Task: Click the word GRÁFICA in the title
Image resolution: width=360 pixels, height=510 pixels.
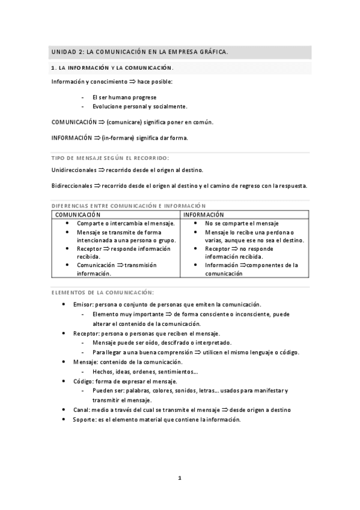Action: pyautogui.click(x=212, y=52)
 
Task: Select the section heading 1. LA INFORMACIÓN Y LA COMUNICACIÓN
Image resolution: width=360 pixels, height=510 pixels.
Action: pyautogui.click(x=112, y=69)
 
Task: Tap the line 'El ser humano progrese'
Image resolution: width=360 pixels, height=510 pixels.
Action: pyautogui.click(x=124, y=97)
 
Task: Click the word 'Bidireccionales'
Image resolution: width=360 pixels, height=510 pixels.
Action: pyautogui.click(x=72, y=185)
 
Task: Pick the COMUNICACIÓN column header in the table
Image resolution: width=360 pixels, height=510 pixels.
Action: pyautogui.click(x=78, y=215)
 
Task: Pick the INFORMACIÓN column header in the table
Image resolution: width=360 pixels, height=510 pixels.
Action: pyautogui.click(x=204, y=215)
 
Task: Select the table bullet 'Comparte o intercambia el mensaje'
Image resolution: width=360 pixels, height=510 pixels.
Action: pyautogui.click(x=126, y=223)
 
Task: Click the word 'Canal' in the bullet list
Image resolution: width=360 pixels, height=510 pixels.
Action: pyautogui.click(x=82, y=410)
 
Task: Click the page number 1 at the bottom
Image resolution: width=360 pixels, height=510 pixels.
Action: pyautogui.click(x=180, y=478)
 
